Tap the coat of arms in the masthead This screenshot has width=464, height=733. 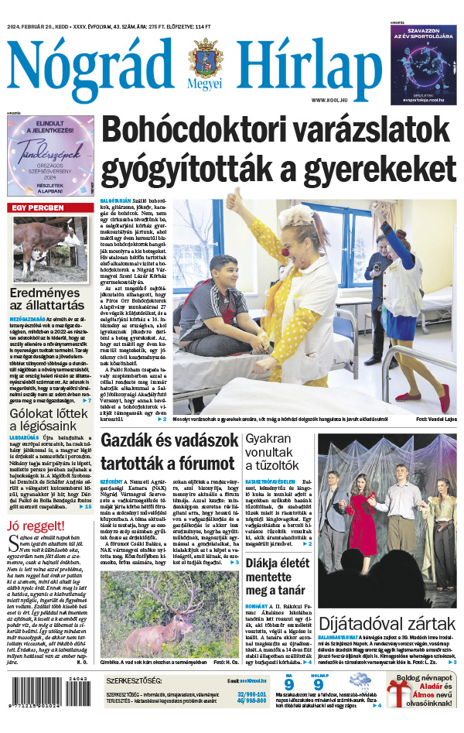coord(205,57)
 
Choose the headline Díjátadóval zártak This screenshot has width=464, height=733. coord(387,623)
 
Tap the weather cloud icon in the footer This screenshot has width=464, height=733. coord(358,686)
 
